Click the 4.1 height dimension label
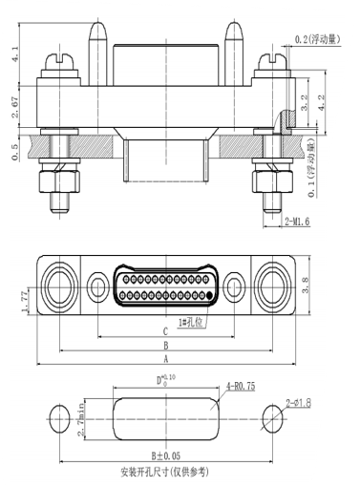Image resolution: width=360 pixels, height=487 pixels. point(14,54)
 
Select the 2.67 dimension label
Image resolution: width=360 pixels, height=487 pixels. point(14,107)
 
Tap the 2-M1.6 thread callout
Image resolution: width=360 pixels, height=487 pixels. point(297,222)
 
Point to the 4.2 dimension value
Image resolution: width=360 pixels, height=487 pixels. point(322,102)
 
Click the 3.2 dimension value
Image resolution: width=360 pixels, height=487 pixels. point(305,102)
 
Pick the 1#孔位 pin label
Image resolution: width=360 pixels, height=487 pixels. point(190,323)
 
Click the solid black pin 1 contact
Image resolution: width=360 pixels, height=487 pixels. point(209,295)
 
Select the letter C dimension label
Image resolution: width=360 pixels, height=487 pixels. point(165,331)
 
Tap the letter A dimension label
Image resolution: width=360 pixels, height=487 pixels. point(166,359)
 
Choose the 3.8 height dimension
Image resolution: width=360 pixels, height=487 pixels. point(305,285)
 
